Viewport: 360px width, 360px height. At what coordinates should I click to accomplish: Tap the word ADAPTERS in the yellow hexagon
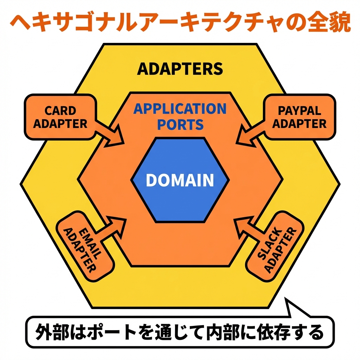(180, 69)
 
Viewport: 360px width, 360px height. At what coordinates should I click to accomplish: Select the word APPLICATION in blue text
(180, 109)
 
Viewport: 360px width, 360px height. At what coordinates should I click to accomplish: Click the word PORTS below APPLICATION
(180, 124)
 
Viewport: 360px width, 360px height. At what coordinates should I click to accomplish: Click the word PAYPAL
(299, 111)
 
